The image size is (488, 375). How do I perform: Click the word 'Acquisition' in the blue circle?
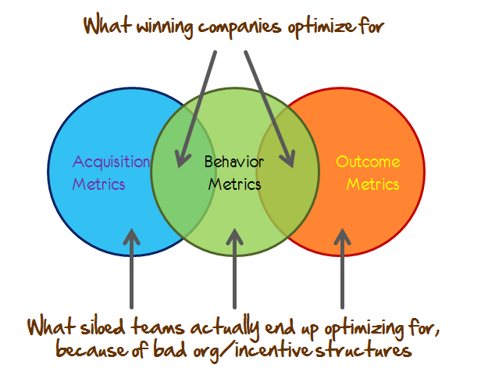tap(111, 162)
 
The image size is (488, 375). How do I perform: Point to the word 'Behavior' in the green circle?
tap(233, 162)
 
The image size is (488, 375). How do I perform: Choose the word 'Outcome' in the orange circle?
tap(368, 162)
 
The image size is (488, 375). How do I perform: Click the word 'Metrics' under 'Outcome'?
tap(372, 185)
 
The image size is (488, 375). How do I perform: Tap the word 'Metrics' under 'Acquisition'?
tap(98, 185)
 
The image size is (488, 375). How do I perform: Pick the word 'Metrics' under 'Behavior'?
tap(234, 185)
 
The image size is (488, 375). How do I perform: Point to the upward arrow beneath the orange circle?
tap(341, 266)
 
